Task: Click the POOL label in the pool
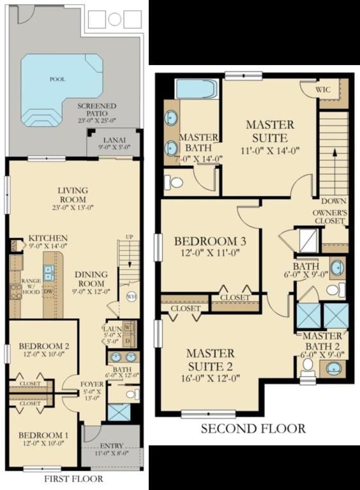[57, 80]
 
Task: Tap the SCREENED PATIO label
[96, 110]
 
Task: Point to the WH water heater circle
[131, 296]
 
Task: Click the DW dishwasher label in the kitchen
[49, 292]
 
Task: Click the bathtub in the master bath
[196, 89]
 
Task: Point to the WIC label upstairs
[324, 91]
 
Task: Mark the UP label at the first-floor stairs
[129, 237]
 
